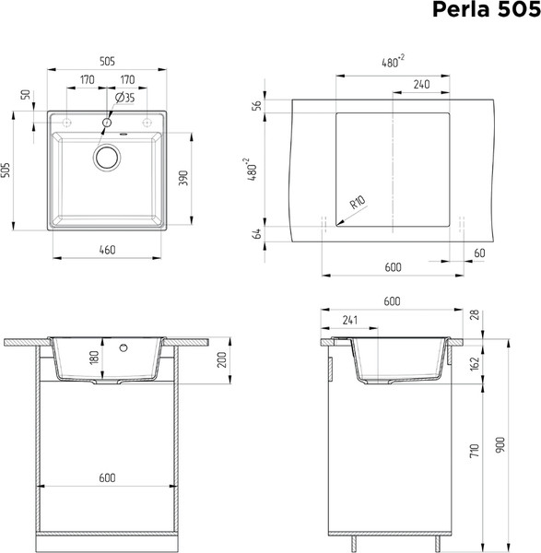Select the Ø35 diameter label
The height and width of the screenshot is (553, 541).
pos(125,98)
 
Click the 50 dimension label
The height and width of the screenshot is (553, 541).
pos(27,95)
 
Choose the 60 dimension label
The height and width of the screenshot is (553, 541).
pos(479,253)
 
